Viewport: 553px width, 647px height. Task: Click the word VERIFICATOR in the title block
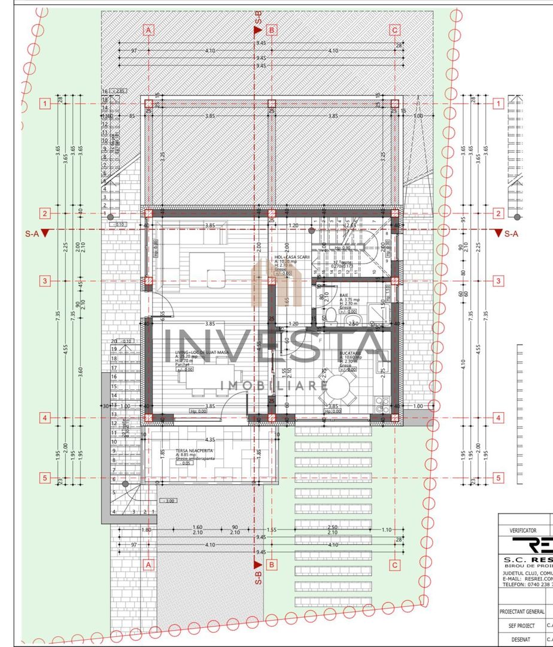(x=522, y=530)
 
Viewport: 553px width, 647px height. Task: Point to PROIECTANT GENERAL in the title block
(x=522, y=612)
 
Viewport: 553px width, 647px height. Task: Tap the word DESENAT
(x=521, y=639)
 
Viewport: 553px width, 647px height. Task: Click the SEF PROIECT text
(x=521, y=625)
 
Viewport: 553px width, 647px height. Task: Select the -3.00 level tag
(x=168, y=500)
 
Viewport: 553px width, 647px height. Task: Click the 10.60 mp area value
(x=352, y=358)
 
